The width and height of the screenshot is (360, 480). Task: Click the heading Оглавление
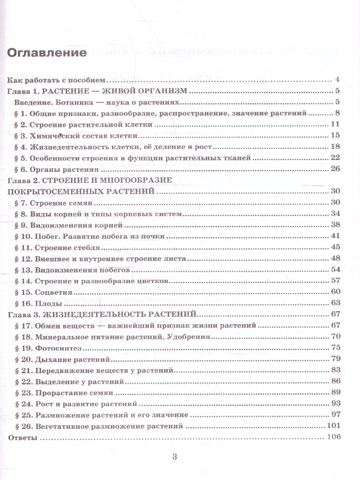pos(47,52)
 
